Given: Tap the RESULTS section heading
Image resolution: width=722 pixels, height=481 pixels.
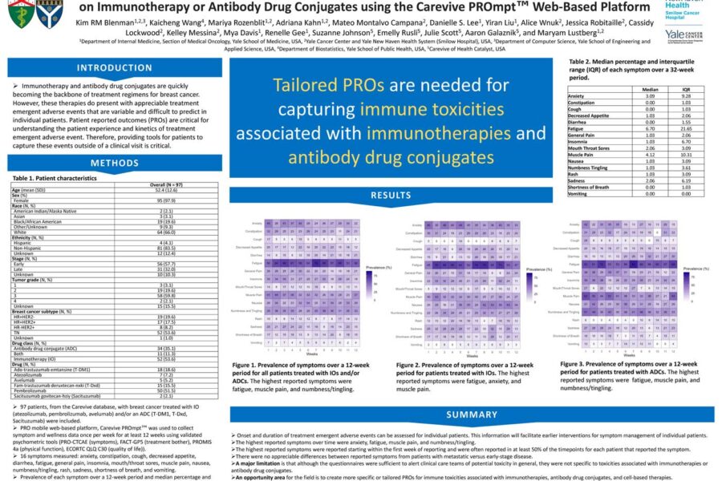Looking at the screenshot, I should tap(391, 195).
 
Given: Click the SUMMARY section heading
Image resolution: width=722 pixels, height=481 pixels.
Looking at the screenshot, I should tap(472, 414).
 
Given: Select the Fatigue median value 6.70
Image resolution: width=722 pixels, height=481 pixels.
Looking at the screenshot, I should tap(651, 128).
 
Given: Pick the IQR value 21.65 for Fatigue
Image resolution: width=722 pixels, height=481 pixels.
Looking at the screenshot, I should tap(685, 128).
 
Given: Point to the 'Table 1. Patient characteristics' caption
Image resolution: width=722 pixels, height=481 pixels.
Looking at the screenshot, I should tap(52, 177).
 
